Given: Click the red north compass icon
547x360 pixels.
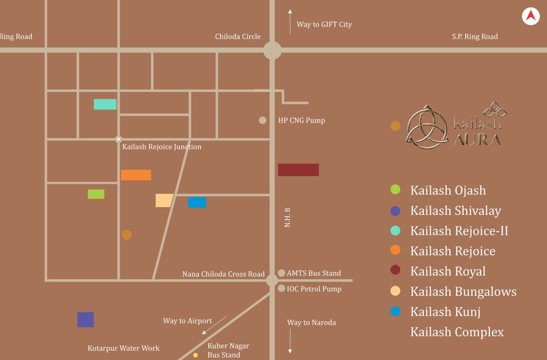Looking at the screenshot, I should (531, 16).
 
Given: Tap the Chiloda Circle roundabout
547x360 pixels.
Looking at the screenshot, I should (272, 50).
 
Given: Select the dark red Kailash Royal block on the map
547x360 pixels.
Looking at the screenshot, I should (298, 170).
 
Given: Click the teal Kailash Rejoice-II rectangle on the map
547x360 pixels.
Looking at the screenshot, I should (105, 104).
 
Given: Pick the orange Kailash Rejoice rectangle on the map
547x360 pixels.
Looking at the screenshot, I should (136, 175).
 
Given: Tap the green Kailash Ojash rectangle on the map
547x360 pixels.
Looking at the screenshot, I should (96, 194).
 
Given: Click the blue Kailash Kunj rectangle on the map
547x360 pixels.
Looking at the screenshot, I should (197, 202).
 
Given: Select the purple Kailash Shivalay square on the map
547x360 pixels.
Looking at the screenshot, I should (85, 320).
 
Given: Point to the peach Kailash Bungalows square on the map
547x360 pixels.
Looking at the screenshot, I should (164, 200).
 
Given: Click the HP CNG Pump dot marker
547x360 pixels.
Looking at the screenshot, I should (263, 120).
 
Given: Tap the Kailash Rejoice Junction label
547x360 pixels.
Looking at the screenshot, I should (161, 147).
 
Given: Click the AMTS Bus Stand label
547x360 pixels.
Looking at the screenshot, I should (314, 273).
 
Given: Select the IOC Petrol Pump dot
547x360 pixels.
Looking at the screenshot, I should (281, 289).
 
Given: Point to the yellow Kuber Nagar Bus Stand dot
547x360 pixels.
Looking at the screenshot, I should (196, 355).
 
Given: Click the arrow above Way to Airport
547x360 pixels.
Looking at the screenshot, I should (214, 325).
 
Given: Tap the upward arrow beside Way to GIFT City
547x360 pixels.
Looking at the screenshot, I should (290, 22).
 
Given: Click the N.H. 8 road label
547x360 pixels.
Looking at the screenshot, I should (288, 218).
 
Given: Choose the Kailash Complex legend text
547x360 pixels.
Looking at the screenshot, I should (457, 332).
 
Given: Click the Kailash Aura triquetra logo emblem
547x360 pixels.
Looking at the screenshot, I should (427, 126).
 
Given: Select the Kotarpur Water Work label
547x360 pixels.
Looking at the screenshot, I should (123, 348).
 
